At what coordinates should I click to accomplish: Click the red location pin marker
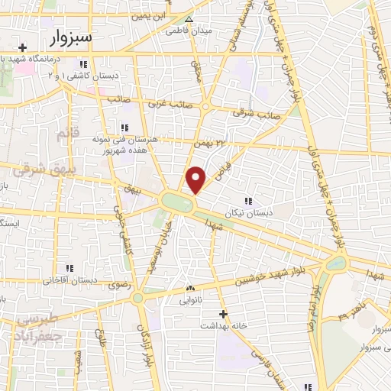[x=196, y=179]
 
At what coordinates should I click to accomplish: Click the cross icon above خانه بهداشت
[x=223, y=314]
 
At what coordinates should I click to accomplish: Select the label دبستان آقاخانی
[x=68, y=280]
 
